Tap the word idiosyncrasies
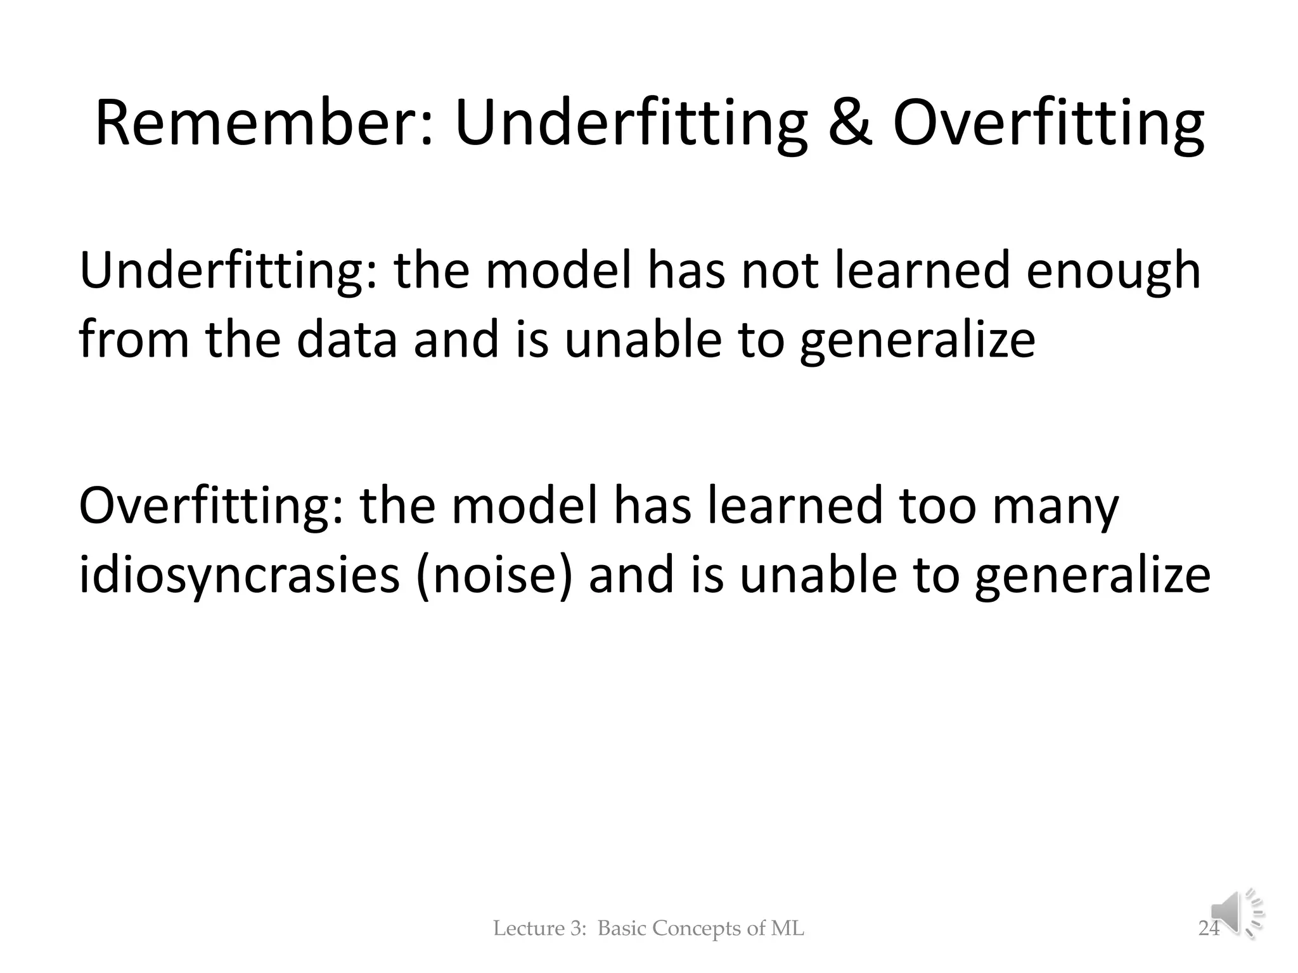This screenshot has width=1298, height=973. pyautogui.click(x=240, y=576)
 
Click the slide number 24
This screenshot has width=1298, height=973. pyautogui.click(x=1209, y=929)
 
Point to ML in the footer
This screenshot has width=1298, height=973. pyautogui.click(x=787, y=929)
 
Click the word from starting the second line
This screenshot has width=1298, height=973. pyautogui.click(x=134, y=340)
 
